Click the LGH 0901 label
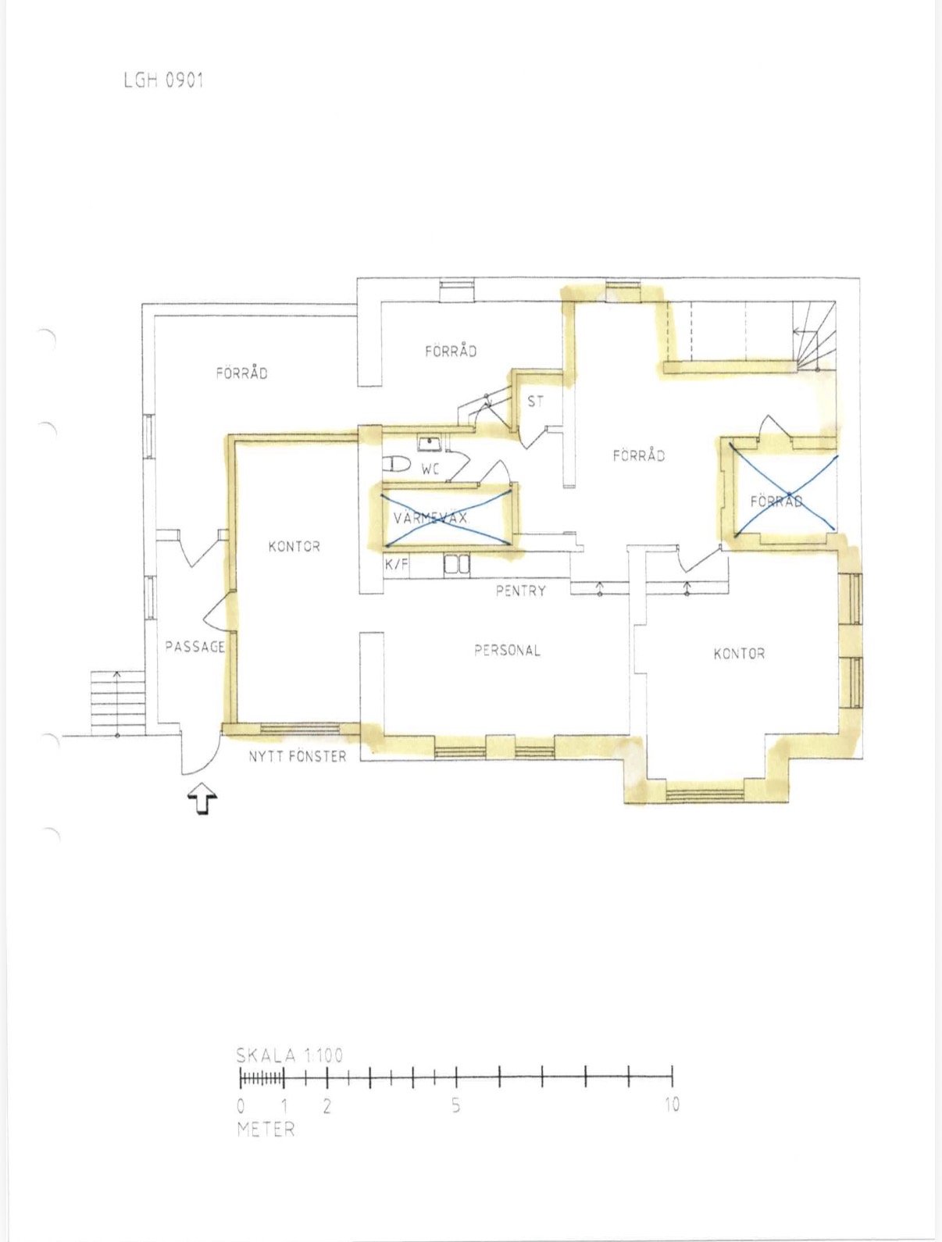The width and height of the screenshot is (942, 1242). pyautogui.click(x=163, y=80)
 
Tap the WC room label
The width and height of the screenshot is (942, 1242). pyautogui.click(x=430, y=469)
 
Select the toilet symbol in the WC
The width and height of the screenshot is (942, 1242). pyautogui.click(x=396, y=465)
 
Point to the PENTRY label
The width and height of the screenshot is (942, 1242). pyautogui.click(x=520, y=591)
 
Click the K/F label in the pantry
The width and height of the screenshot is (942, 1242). pyautogui.click(x=397, y=564)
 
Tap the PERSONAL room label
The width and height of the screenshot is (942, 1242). pyautogui.click(x=507, y=650)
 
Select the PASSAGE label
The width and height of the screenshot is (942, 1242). pyautogui.click(x=195, y=647)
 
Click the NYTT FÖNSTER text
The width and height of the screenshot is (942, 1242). pyautogui.click(x=297, y=756)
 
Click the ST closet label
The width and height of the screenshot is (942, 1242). pyautogui.click(x=535, y=402)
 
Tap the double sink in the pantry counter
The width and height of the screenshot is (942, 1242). pyautogui.click(x=457, y=564)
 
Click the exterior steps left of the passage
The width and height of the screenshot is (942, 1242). pyautogui.click(x=117, y=703)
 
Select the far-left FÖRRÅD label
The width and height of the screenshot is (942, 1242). pyautogui.click(x=241, y=373)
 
